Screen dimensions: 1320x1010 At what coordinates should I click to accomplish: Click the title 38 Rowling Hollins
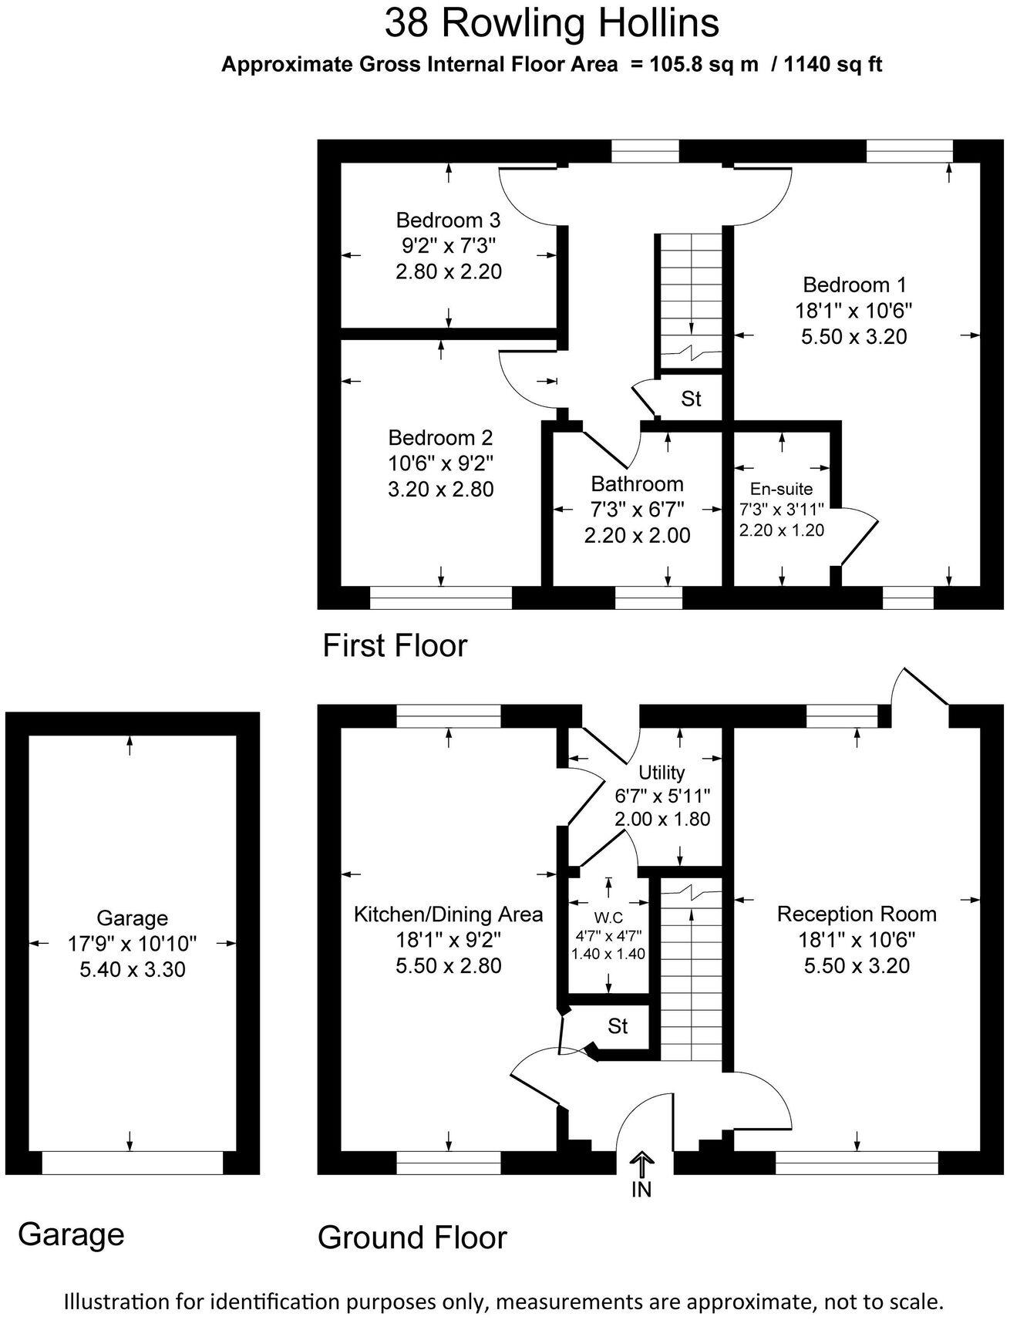tap(551, 23)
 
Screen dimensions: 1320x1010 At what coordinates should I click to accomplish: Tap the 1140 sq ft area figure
tap(833, 65)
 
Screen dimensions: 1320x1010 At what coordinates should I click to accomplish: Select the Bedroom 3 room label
tap(448, 221)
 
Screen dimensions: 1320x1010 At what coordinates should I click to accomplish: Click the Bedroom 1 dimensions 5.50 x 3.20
tap(853, 337)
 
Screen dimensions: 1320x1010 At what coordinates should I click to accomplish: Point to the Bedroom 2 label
tap(440, 438)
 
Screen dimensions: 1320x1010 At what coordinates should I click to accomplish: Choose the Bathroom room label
tap(637, 484)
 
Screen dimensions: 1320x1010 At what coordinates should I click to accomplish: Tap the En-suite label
tap(781, 489)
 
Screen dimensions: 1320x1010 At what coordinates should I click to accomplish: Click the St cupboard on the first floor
tap(691, 399)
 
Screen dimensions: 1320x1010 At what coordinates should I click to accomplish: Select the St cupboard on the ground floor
tap(618, 1026)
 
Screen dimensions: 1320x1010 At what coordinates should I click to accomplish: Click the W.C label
tap(608, 918)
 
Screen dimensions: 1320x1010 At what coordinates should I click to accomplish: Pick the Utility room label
tap(662, 773)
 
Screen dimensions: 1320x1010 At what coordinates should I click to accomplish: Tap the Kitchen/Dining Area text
tap(448, 914)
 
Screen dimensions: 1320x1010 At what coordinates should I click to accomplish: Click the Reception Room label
tap(857, 914)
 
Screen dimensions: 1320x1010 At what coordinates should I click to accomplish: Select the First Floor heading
tap(395, 645)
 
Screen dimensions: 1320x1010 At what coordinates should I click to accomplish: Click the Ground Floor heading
tap(412, 1237)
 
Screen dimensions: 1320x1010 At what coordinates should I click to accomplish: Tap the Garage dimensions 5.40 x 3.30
tap(133, 969)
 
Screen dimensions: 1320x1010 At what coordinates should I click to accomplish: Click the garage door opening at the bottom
tap(132, 1163)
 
